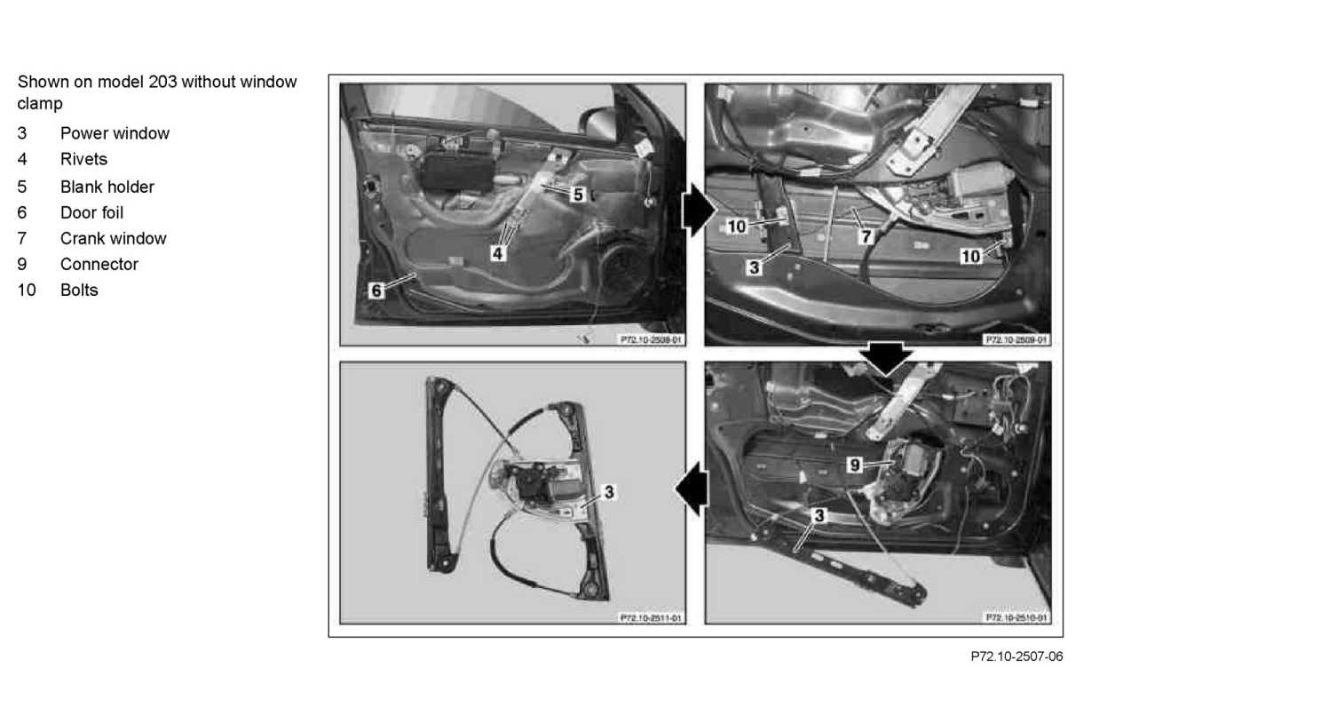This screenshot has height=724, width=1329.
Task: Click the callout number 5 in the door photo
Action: point(578,195)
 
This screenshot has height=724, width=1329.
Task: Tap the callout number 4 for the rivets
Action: point(498,253)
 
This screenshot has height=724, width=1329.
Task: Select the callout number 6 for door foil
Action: point(376,290)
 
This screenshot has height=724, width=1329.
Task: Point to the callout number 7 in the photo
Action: point(866,237)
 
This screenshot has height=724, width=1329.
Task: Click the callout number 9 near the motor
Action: point(855,465)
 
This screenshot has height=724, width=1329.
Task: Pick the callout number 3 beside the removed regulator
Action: point(609,492)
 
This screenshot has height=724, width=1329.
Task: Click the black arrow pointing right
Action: point(699,211)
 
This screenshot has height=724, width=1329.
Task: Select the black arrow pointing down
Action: point(886,358)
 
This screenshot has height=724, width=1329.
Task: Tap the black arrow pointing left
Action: point(692,489)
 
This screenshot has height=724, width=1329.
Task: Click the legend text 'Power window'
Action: point(115,133)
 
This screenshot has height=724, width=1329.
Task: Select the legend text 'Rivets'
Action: point(83,159)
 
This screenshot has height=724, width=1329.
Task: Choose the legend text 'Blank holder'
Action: point(107,187)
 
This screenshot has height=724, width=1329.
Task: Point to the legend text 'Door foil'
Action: point(92,212)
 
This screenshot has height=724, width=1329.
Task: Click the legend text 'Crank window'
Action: point(114,239)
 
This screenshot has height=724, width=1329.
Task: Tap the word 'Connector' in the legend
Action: point(99,264)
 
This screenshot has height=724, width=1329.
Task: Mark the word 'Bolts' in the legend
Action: point(79,290)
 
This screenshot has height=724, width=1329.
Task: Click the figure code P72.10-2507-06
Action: point(1017,656)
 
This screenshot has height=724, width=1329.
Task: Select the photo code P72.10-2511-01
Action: point(651,618)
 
